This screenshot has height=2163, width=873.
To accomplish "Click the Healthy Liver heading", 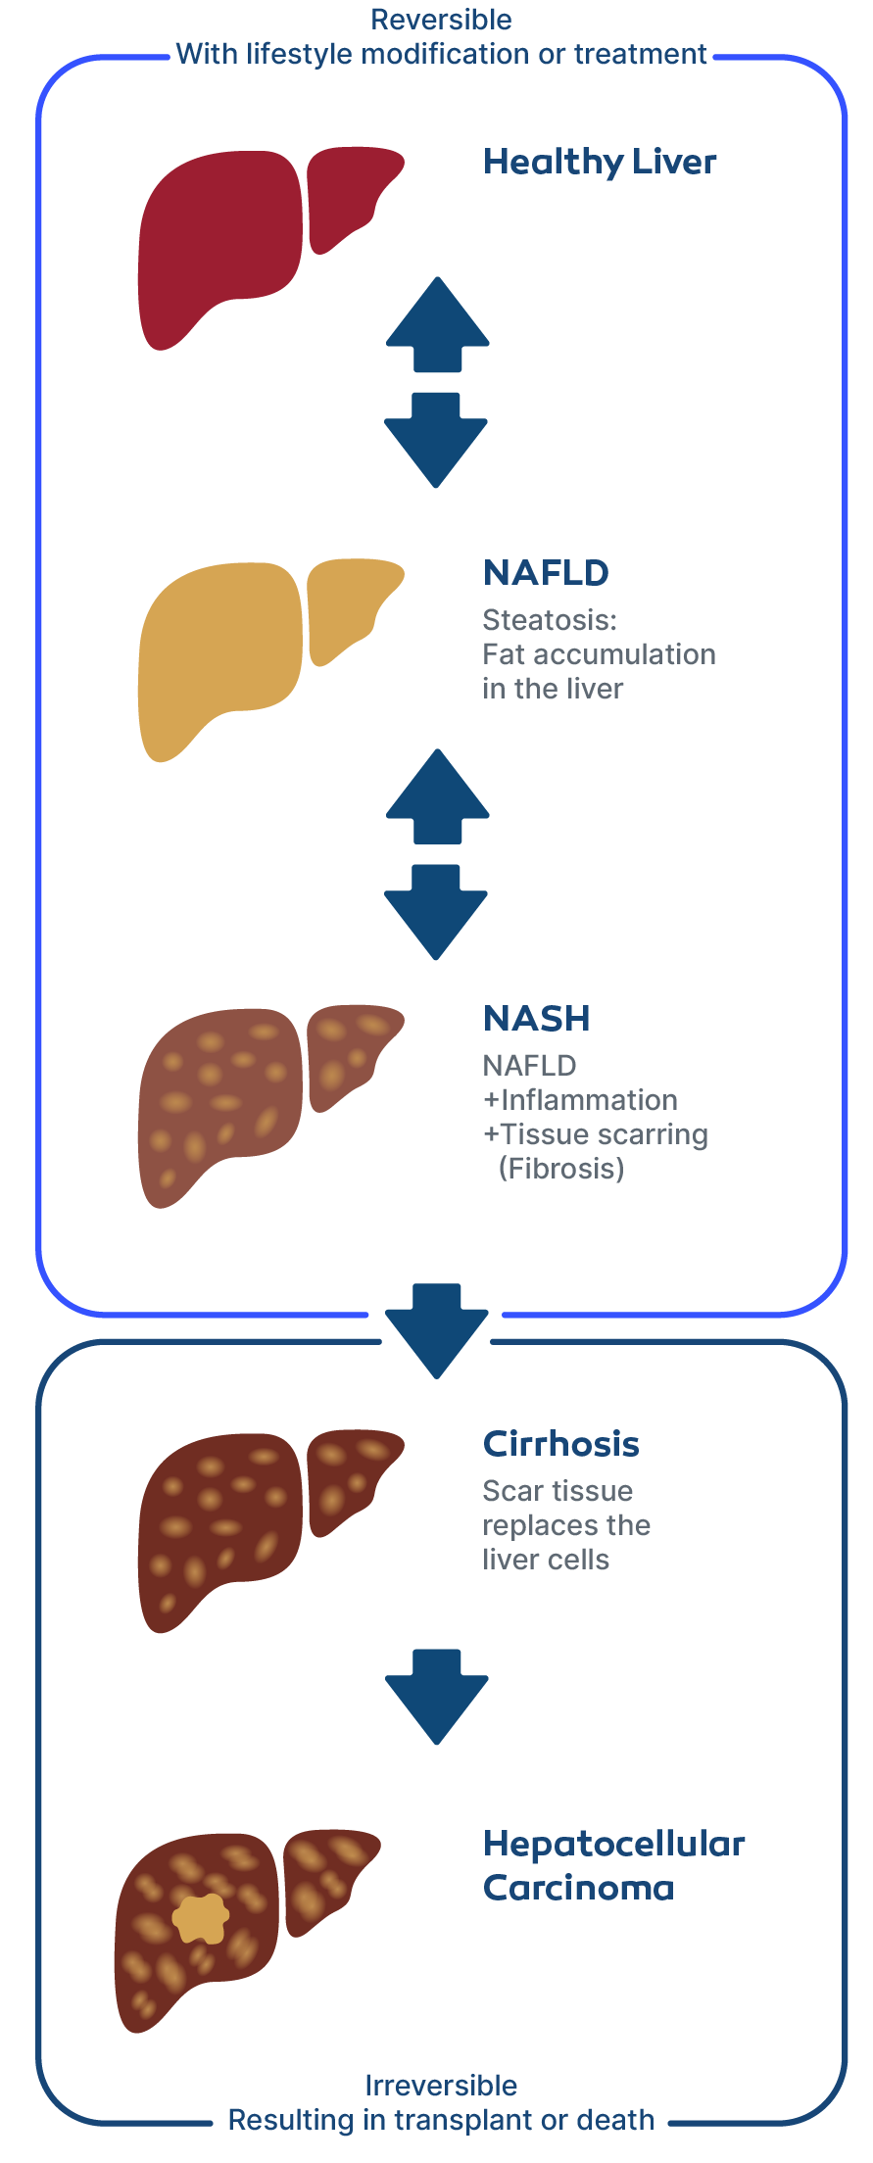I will coord(600,163).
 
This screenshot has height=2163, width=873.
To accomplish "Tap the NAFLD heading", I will coord(546,573).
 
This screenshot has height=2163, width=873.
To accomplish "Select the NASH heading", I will coord(537,1019).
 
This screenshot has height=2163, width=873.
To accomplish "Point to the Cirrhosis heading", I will coord(560,1444).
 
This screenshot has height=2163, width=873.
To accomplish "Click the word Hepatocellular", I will coord(614,1845).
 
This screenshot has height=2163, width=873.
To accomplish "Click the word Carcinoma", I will coord(578,1888).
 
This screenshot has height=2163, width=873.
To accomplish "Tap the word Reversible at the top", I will coord(441,20).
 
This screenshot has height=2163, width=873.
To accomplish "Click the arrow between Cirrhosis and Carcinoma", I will coord(437,1696).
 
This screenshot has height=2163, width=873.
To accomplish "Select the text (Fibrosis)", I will coord(561,1169).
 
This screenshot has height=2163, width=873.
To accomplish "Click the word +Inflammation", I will coord(580,1100).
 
